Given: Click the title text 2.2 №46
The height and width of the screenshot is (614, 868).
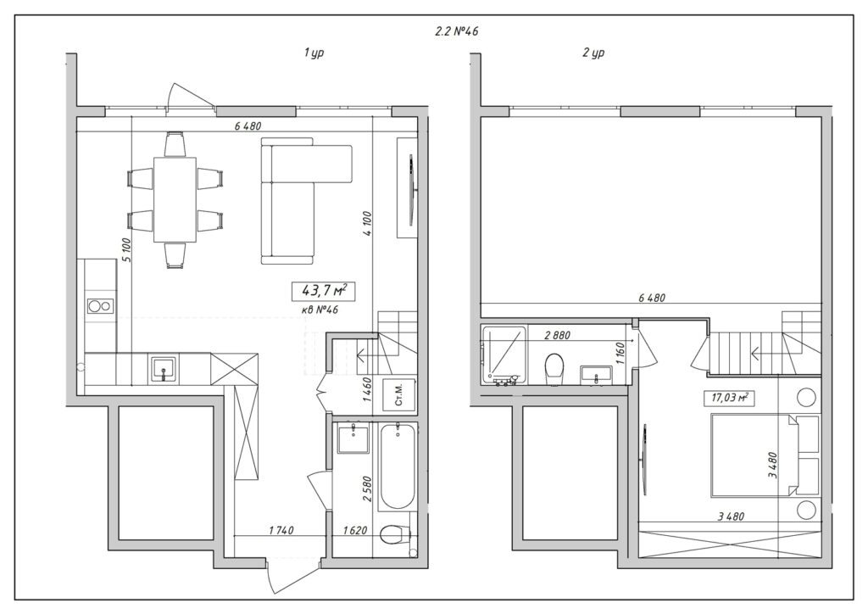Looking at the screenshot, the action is tap(456, 31).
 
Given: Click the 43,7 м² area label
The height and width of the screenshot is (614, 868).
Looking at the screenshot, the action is tap(323, 289).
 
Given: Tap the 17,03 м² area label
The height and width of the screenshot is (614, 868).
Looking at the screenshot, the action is tap(731, 397).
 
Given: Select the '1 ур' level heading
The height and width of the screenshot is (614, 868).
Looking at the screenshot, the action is tap(314, 53).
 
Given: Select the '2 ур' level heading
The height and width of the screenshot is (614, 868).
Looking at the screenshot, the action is tap(593, 53).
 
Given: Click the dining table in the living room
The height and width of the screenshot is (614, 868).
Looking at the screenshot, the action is tap(175, 199).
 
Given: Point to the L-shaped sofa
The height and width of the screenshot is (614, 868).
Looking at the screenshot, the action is tap(305, 201).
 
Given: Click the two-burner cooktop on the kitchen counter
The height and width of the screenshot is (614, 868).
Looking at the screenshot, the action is tap(100, 306).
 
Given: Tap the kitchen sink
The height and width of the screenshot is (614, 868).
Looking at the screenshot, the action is tap(164, 369).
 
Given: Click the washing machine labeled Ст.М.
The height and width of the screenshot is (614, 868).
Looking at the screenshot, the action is tap(400, 395).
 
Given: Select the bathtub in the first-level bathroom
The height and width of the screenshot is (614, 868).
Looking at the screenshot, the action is tap(397, 466).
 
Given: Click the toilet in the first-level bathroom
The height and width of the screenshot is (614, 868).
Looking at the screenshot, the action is tap(395, 533).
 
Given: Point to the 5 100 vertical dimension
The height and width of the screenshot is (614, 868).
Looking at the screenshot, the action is tap(125, 250).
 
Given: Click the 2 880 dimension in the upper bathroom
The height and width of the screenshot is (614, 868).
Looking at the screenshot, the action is tap(557, 336).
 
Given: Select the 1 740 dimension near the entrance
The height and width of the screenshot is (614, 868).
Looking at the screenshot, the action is tap(281, 530).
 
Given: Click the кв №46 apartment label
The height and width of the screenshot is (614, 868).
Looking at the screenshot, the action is tap(320, 310).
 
